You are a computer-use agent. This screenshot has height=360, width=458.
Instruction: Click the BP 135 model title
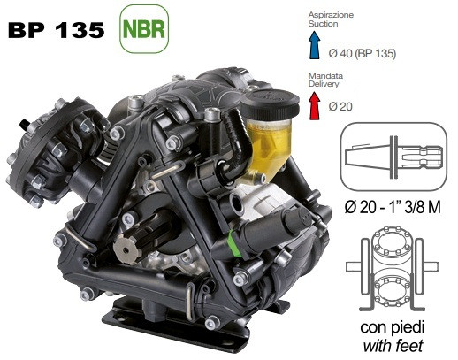(x=57, y=30)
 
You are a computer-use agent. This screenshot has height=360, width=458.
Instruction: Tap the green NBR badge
(x=144, y=29)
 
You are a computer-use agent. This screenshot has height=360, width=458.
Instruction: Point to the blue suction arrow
(x=315, y=45)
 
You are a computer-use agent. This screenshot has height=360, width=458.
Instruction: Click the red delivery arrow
(x=315, y=105)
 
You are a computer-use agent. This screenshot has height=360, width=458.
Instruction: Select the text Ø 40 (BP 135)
(x=363, y=53)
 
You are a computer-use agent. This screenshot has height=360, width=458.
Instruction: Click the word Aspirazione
(x=331, y=15)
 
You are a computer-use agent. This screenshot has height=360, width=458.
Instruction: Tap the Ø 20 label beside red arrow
(x=340, y=106)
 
